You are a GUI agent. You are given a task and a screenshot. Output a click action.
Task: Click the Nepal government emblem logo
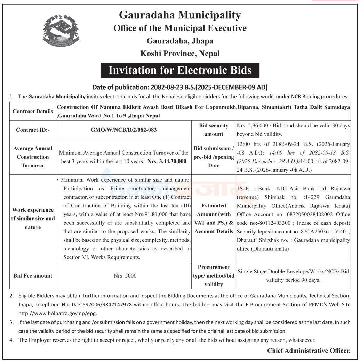pyautogui.click(x=61, y=32)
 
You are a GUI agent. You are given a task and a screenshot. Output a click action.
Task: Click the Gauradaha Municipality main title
pyautogui.click(x=180, y=15)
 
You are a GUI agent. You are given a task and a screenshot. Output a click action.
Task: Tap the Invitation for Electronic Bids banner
pyautogui.click(x=180, y=70)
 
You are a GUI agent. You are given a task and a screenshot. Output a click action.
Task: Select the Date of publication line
pyautogui.click(x=180, y=87)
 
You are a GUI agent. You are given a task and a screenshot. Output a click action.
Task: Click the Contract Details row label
pyautogui.click(x=33, y=112)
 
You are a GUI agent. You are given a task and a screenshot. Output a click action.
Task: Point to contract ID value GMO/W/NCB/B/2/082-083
pyautogui.click(x=123, y=130)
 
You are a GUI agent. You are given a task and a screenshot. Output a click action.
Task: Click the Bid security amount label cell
pyautogui.click(x=214, y=130)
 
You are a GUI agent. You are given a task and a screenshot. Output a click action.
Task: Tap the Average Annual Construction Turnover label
pyautogui.click(x=33, y=157)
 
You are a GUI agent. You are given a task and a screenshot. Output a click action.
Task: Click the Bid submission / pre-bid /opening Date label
pyautogui.click(x=214, y=157)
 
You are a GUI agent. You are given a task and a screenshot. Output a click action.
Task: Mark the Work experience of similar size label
pyautogui.click(x=33, y=219)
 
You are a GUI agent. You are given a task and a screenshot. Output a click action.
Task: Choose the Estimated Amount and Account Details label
pyautogui.click(x=214, y=219)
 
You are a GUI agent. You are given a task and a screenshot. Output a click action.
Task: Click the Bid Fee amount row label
pyautogui.click(x=33, y=276)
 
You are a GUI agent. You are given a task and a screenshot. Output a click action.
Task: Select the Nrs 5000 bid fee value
pyautogui.click(x=125, y=276)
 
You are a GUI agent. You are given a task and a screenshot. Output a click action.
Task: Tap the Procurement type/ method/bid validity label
pyautogui.click(x=214, y=276)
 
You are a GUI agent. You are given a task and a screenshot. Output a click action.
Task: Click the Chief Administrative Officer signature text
pyautogui.click(x=309, y=351)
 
